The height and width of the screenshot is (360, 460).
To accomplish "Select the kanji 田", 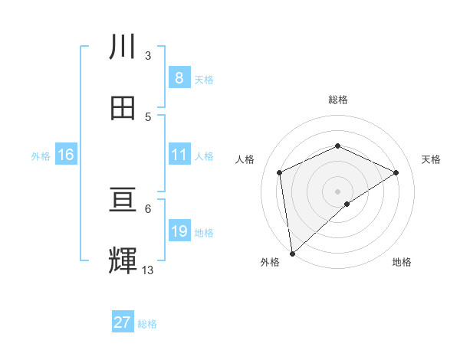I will [x=123, y=107].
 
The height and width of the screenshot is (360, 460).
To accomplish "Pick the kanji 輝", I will [x=123, y=260].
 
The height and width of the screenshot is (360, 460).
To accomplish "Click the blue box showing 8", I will [x=179, y=77].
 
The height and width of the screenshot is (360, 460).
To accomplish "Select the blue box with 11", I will [x=179, y=155].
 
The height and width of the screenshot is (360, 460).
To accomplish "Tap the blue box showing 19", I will [x=179, y=231].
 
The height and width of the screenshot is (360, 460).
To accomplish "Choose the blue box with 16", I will [x=66, y=155].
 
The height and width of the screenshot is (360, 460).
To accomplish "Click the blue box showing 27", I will [x=123, y=322].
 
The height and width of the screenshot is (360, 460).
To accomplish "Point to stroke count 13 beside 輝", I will [x=148, y=270].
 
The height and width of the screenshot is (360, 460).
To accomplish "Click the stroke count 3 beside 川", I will [x=148, y=56].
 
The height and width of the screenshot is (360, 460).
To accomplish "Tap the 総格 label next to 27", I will [x=147, y=324].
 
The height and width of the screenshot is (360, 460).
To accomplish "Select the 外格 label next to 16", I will [x=41, y=156].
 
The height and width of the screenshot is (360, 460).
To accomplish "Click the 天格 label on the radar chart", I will [x=431, y=159].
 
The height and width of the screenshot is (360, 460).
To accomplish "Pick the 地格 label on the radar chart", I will [x=402, y=263].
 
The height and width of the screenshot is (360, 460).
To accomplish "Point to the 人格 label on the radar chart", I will [x=245, y=159].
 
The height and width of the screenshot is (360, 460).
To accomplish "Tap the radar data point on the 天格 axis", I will [x=396, y=172].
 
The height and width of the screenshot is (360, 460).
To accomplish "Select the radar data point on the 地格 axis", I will [x=347, y=204].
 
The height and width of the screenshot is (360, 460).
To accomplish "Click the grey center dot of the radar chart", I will [x=337, y=191].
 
